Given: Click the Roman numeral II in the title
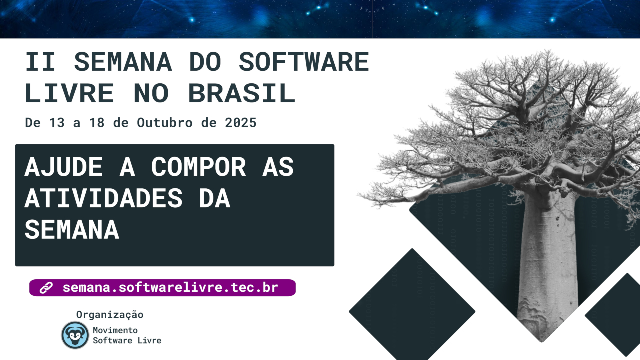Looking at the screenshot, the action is point(40,62).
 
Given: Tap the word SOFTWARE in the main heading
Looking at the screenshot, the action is point(304,62).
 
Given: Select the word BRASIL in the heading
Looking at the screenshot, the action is point(242,93).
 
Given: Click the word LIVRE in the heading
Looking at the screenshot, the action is point(69,93).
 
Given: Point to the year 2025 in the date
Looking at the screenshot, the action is point(241,123).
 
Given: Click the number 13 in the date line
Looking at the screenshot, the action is point(57,123).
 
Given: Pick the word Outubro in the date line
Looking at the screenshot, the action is point(165,123).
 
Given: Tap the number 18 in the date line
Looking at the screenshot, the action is point(97,123).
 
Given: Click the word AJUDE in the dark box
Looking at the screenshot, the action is point(63,167).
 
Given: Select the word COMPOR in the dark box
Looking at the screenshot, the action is point(198,167).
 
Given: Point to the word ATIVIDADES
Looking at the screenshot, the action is point(103,198).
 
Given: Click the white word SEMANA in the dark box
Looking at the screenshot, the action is point(72,229).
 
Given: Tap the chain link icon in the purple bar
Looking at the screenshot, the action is point(46,288).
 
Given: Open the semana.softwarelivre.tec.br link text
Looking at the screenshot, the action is point(170,287).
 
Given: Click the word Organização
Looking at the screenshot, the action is point(110,315).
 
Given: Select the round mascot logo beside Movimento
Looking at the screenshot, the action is point(75,335).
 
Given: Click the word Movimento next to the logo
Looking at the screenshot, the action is point(115,330).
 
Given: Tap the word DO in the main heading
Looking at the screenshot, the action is point(205,62).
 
